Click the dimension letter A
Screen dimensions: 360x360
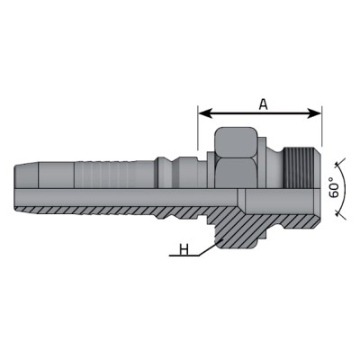[x=263, y=104]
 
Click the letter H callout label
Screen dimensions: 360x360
[x=184, y=249]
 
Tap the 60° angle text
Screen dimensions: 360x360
[x=334, y=187]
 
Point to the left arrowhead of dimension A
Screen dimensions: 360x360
[x=206, y=113]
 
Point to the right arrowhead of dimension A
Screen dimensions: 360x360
[x=313, y=113]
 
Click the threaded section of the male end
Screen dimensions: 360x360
[x=294, y=167]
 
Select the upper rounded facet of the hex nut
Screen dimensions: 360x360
[x=237, y=142]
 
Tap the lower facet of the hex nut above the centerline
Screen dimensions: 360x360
[x=237, y=173]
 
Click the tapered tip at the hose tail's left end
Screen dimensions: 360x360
[x=26, y=175]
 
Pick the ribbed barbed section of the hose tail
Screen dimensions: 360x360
[x=115, y=175]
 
